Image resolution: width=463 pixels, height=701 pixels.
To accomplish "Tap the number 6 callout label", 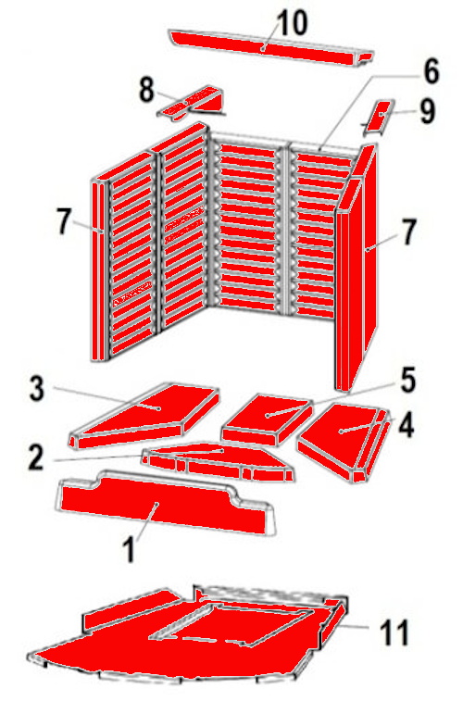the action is (432, 71).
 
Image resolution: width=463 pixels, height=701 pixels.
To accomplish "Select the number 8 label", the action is (146, 90).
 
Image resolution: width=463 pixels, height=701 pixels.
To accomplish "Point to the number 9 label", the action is (428, 111).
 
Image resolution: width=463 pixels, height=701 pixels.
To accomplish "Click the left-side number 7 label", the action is (64, 221).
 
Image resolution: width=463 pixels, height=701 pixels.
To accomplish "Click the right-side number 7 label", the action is (407, 232).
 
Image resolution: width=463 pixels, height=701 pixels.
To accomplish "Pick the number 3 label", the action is (37, 389).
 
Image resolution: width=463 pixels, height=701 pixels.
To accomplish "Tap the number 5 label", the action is (407, 381).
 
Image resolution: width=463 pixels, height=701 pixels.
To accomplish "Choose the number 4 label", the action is (406, 425).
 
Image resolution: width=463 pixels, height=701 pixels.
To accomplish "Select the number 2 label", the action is (36, 457).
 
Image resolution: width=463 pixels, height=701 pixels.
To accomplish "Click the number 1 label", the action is (129, 549).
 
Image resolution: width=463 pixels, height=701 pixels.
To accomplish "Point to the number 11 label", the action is (394, 632).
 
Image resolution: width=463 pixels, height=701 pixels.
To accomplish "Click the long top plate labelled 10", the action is (271, 48).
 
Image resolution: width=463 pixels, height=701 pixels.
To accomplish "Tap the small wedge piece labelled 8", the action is (192, 103).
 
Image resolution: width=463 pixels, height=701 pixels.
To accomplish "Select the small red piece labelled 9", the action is (378, 117).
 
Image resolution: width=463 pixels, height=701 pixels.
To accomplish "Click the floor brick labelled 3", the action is (144, 416).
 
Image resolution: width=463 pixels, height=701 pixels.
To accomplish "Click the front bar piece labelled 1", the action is (166, 503).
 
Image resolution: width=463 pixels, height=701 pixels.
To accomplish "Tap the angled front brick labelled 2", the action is (218, 462).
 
